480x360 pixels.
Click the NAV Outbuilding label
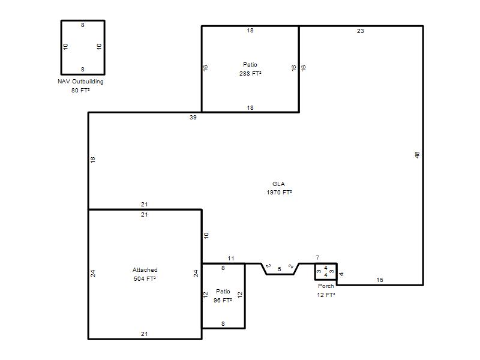pos(80,82)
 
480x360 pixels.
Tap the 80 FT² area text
pos(80,91)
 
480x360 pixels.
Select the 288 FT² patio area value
pos(250,73)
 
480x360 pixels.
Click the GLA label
pos(278,184)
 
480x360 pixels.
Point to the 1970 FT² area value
pos(279,192)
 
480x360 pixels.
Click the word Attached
pos(145,269)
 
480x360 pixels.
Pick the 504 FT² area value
pos(145,278)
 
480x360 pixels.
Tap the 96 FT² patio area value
pos(223,301)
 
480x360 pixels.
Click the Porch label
pos(326,286)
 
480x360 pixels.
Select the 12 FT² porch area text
pos(326,295)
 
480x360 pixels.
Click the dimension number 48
pos(417,155)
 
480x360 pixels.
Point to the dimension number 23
pos(361,31)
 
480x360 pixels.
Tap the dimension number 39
pos(193,117)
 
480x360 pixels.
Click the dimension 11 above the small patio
pos(231,259)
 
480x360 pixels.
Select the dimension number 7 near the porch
pos(317,258)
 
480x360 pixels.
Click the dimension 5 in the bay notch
pos(280,269)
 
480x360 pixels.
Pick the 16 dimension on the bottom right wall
pos(380,280)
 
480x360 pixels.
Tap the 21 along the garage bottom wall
pos(144,334)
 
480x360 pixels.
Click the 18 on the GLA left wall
pos(93,160)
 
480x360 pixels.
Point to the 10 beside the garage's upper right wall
pos(206,235)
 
